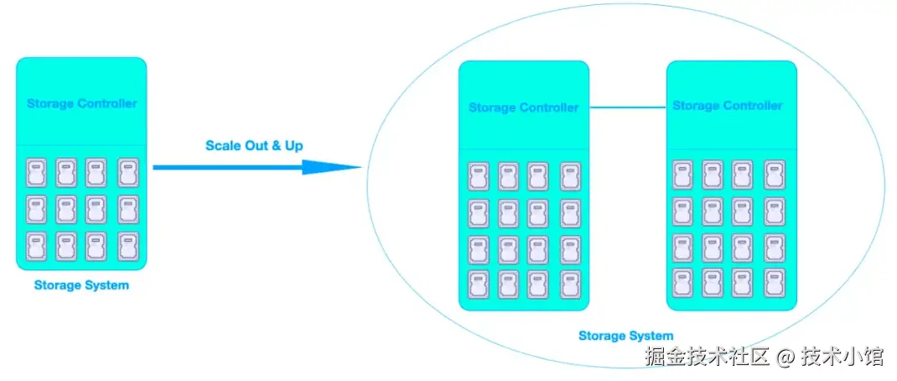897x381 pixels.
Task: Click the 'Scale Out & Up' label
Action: [254, 146]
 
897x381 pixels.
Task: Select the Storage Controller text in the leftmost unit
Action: [81, 104]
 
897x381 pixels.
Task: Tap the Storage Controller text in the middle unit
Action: [523, 107]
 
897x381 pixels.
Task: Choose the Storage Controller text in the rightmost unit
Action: [728, 106]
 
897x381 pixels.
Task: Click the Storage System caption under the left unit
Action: [81, 285]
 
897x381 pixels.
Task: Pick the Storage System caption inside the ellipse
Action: [625, 336]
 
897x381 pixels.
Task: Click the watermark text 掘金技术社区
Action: [707, 357]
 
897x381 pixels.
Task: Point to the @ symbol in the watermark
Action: [785, 358]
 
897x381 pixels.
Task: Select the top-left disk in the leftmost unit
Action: [36, 172]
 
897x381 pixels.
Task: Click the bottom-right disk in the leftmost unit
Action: [127, 246]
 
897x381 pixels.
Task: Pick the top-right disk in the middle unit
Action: [570, 176]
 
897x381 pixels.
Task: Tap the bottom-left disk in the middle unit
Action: [479, 284]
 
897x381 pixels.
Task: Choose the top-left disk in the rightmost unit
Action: [683, 175]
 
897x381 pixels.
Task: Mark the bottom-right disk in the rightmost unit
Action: [775, 282]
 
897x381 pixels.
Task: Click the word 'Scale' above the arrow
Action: [223, 146]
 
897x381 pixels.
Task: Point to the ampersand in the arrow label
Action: [277, 146]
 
